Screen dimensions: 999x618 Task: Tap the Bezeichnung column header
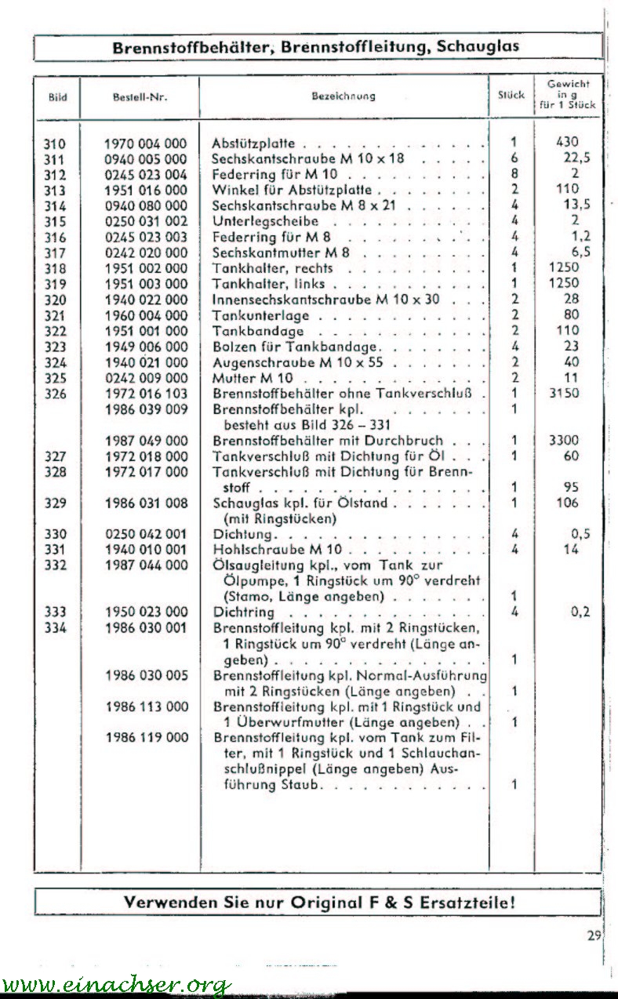point(344,96)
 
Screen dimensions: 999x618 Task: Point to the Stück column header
point(511,96)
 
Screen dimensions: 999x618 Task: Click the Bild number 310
point(55,143)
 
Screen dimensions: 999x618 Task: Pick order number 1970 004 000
point(147,143)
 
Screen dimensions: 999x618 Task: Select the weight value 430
point(565,142)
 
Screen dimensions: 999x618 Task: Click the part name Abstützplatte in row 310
point(254,144)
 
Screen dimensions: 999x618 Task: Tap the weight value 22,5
point(576,158)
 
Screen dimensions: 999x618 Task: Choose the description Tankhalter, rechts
point(273,268)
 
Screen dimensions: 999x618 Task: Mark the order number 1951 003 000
point(147,284)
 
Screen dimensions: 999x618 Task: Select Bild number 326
point(55,394)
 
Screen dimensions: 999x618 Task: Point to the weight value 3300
point(565,441)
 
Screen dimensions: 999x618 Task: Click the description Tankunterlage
point(261,315)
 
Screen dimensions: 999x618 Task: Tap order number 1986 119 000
point(147,737)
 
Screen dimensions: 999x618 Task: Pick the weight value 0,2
point(580,612)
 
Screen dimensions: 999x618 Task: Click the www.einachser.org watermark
point(116,985)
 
